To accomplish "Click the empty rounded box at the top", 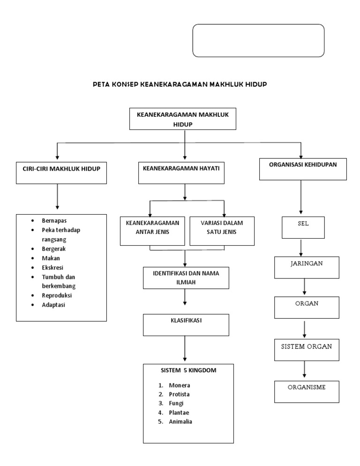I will pos(258,41).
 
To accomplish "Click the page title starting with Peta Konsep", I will pos(180,84).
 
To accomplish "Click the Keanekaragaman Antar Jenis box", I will pos(153,230).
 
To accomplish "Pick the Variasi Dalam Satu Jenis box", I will pos(222,230).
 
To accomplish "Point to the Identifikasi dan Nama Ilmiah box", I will pos(186,278).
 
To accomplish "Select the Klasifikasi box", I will pos(186,324).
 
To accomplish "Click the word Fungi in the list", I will pos(176,403).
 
